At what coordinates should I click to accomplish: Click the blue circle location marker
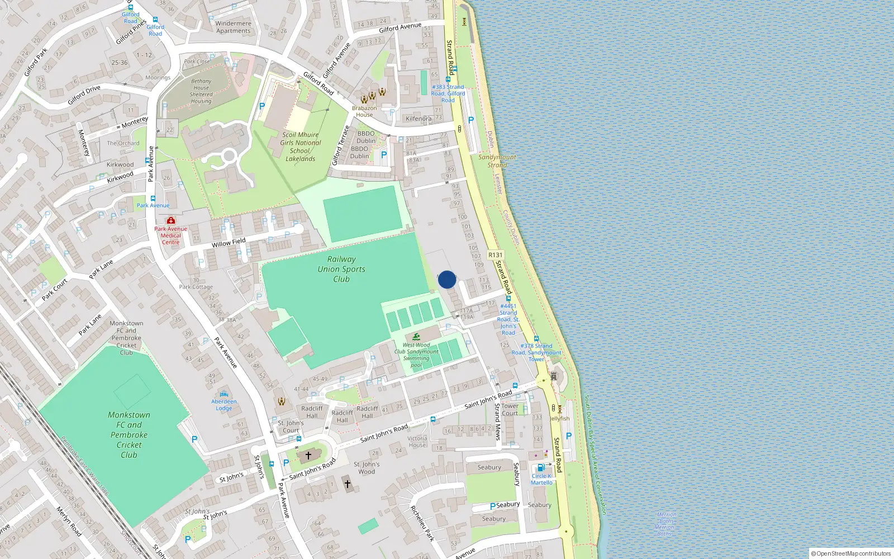[x=447, y=279]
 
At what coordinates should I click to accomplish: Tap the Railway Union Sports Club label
[x=341, y=269]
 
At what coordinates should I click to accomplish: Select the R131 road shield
[x=495, y=255]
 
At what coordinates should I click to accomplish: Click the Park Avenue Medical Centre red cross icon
[x=171, y=221]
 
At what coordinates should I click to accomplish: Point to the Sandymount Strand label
[x=497, y=161]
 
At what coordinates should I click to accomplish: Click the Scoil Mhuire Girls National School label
[x=301, y=146]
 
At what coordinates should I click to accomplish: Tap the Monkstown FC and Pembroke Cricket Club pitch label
[x=129, y=435]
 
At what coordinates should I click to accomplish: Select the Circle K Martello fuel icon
[x=540, y=468]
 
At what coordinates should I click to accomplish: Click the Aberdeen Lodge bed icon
[x=224, y=394]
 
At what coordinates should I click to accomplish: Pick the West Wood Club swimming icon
[x=416, y=337]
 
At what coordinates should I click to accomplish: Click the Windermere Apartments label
[x=234, y=27]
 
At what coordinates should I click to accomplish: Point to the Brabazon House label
[x=364, y=111]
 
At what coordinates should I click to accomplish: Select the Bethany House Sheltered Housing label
[x=201, y=91]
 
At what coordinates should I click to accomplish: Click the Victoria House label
[x=417, y=442]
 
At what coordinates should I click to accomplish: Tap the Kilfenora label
[x=419, y=119]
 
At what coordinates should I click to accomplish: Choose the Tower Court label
[x=510, y=410]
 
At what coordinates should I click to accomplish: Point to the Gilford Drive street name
[x=84, y=95]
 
